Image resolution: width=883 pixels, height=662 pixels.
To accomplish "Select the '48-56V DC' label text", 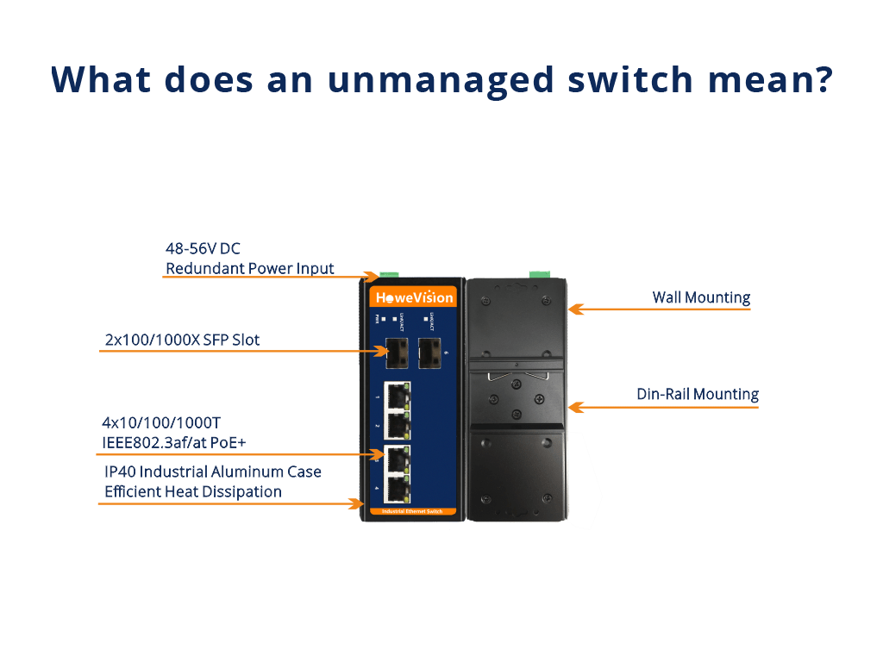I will pos(204,250).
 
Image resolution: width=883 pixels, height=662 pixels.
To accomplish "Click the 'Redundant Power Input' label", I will pos(249,268).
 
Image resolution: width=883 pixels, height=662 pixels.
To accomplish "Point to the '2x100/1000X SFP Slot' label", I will pos(182,340).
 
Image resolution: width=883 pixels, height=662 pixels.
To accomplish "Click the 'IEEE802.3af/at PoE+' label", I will pos(181,443).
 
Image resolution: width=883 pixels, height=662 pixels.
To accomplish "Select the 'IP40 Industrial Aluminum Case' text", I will pos(212,472).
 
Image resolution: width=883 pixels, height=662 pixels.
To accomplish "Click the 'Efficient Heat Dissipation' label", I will pos(192,491).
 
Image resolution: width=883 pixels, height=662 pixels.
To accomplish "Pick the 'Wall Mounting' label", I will pos(700,297).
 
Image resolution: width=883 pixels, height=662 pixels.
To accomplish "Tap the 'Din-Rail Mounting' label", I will pos(697,394).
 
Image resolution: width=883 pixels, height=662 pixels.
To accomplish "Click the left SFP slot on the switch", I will pos(398,351).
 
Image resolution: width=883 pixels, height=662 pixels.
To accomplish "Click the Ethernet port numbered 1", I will pos(397,396).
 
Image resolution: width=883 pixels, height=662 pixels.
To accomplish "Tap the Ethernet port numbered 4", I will pos(397,489).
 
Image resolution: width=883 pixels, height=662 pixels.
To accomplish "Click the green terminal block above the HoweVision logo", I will pos(373,276).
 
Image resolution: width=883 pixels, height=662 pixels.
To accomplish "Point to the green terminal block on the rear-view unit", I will pos(539,273).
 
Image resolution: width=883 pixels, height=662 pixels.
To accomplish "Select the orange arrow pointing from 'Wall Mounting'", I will pos(659,308).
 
